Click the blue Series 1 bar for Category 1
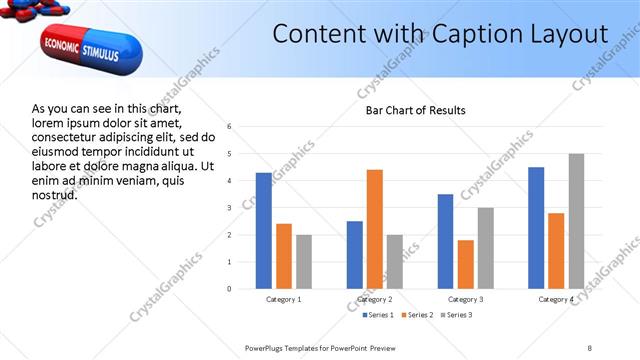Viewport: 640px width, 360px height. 264,231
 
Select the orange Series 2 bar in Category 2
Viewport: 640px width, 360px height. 375,229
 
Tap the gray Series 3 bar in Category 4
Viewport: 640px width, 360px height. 576,221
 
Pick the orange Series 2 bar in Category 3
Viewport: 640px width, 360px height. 466,264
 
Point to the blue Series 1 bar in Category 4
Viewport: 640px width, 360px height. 536,228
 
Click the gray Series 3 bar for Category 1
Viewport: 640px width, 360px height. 304,262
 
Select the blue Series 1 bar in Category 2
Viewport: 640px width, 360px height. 355,255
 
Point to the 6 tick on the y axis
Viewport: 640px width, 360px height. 229,127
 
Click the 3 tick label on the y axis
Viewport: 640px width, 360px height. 229,208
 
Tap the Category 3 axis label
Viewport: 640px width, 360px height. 465,299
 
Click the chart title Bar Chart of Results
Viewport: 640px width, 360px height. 414,110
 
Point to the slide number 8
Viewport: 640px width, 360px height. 589,347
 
